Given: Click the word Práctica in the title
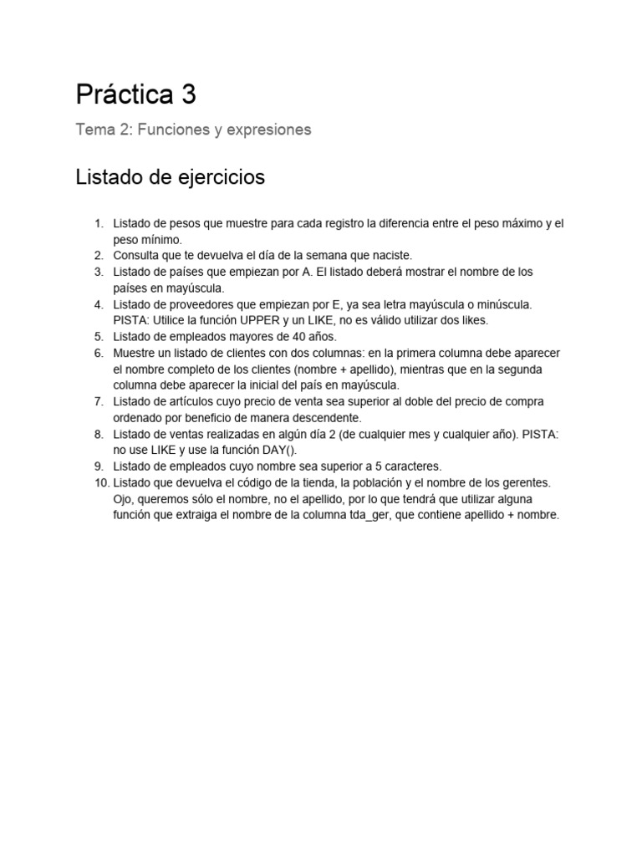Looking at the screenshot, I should click(125, 95).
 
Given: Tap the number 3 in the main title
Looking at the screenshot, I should click(188, 95).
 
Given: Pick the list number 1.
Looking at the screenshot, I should click(97, 224).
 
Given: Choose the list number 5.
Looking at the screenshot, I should click(97, 337).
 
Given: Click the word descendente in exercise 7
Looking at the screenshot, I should click(329, 418).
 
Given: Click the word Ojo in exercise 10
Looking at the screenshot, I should click(124, 500).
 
